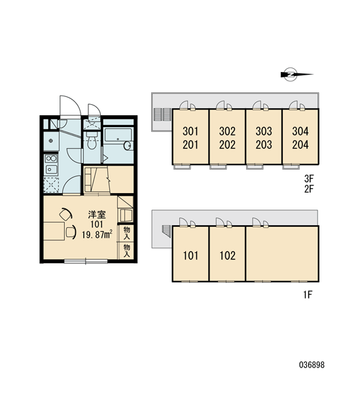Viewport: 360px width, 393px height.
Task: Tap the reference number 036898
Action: click(x=312, y=365)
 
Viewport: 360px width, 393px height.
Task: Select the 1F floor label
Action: click(x=308, y=295)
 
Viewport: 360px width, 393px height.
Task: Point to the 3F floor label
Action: click(x=309, y=179)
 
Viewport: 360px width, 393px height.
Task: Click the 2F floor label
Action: click(x=309, y=189)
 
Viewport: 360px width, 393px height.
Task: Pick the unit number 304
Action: click(x=300, y=131)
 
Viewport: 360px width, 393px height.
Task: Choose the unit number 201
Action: click(x=190, y=145)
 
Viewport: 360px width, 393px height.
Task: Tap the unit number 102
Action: click(x=228, y=255)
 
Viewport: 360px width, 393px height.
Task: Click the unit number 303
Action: click(x=264, y=131)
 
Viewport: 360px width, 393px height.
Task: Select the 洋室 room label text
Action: click(x=97, y=215)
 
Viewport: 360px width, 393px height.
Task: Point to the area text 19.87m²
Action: click(x=97, y=234)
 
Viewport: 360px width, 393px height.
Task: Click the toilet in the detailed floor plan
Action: click(x=92, y=140)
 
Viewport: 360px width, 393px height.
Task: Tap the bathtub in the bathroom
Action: click(x=118, y=136)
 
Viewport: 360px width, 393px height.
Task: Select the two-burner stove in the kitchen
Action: click(x=51, y=158)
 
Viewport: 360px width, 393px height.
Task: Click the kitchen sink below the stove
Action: click(x=51, y=170)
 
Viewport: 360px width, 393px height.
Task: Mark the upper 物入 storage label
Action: click(x=127, y=233)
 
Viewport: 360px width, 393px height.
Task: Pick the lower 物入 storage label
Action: click(x=127, y=251)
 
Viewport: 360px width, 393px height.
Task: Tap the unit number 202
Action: click(x=228, y=145)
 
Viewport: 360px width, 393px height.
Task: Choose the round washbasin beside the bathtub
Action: click(x=128, y=145)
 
